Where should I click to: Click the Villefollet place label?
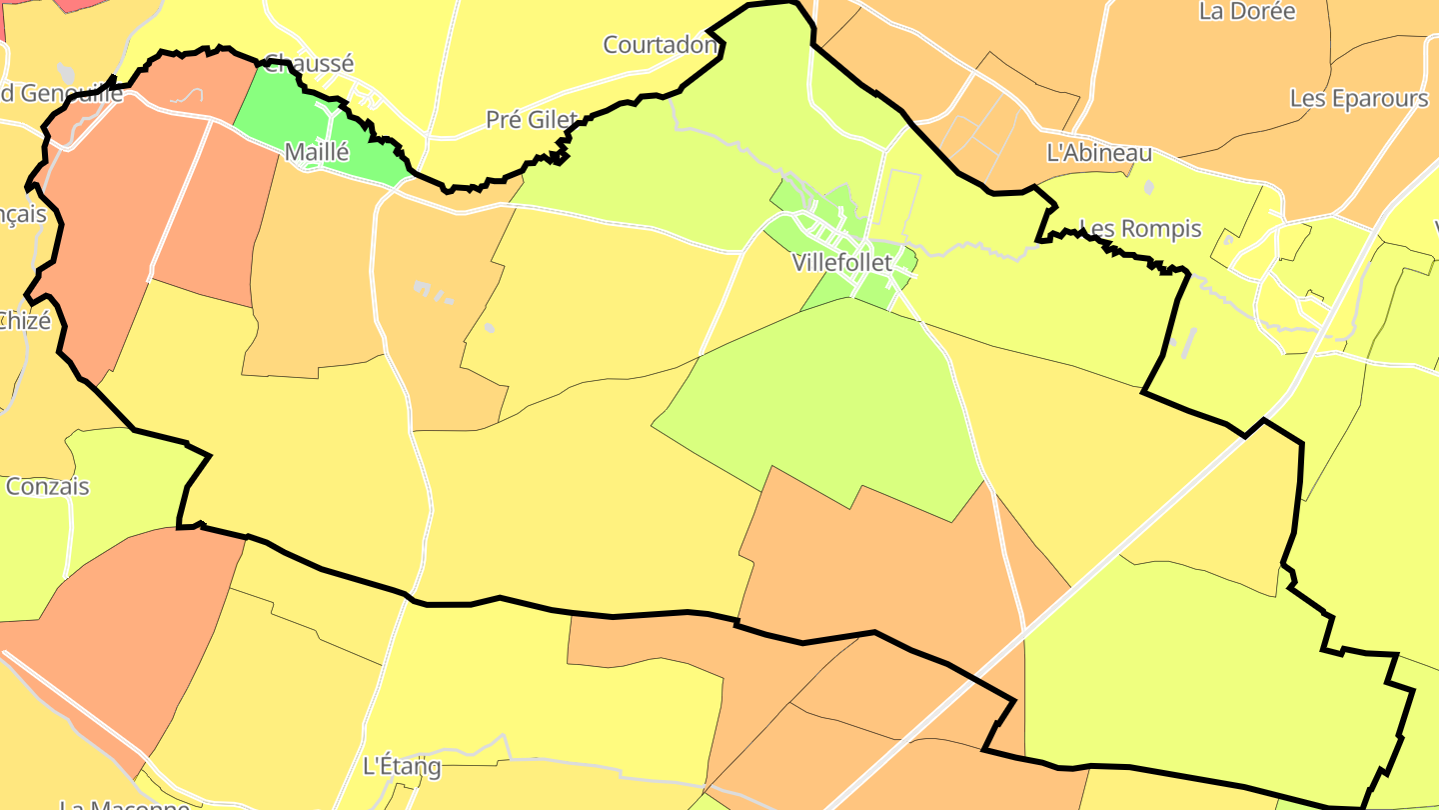pyautogui.click(x=841, y=263)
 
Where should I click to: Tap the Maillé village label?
pyautogui.click(x=317, y=153)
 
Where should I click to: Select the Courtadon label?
pyautogui.click(x=661, y=45)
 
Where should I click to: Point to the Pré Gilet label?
pyautogui.click(x=532, y=120)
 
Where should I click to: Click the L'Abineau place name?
pyautogui.click(x=1098, y=153)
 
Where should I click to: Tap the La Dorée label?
pyautogui.click(x=1246, y=12)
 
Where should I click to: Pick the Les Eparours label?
pyautogui.click(x=1359, y=99)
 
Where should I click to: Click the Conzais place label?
pyautogui.click(x=47, y=487)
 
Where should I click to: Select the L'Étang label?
pyautogui.click(x=401, y=767)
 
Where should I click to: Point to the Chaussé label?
pyautogui.click(x=310, y=64)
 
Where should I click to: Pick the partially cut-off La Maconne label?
pyautogui.click(x=124, y=803)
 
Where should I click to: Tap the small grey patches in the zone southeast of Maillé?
pyautogui.click(x=435, y=292)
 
